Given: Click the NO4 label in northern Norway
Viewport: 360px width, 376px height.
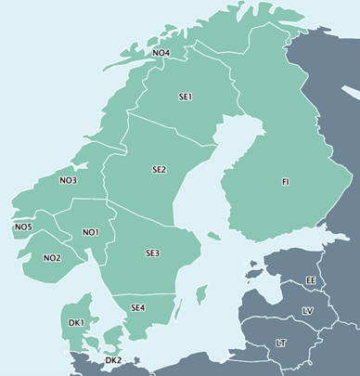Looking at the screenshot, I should click(x=161, y=53).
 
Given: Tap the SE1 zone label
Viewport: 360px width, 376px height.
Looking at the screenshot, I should click(x=185, y=97).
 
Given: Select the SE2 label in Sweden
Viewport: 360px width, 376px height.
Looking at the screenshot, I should click(x=160, y=170).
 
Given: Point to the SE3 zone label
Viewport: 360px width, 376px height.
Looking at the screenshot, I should click(x=152, y=253).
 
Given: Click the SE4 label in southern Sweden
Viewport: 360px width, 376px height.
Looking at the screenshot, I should click(x=138, y=307).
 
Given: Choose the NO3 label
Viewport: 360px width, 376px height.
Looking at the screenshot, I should click(x=68, y=180).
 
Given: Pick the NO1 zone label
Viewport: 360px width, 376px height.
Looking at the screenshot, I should click(x=90, y=232).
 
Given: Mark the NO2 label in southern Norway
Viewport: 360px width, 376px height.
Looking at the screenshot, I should click(x=52, y=257).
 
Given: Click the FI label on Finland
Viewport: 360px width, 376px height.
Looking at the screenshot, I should click(x=286, y=181).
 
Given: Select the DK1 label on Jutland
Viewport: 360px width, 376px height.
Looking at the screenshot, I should click(x=76, y=322).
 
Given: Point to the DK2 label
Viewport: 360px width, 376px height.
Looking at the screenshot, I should click(x=113, y=360).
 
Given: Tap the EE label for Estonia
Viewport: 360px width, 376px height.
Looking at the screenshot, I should click(x=311, y=279).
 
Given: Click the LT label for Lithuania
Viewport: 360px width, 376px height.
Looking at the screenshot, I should click(x=281, y=344).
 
